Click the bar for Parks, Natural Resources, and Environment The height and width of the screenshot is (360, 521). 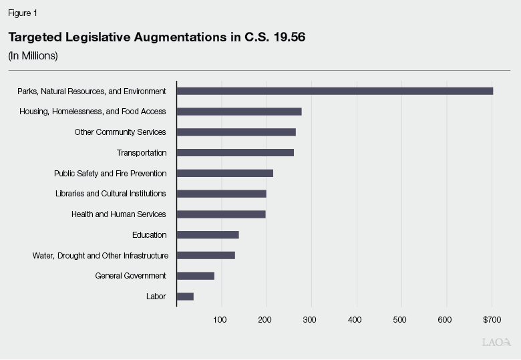pyautogui.click(x=334, y=91)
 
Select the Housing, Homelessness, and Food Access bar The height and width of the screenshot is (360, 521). pyautogui.click(x=238, y=112)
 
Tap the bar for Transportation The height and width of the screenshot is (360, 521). pyautogui.click(x=234, y=153)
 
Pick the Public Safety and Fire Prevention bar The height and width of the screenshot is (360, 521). pyautogui.click(x=224, y=174)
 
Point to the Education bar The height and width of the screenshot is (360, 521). pyautogui.click(x=207, y=235)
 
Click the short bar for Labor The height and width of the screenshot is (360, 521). pyautogui.click(x=184, y=297)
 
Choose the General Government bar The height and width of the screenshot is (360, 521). pyautogui.click(x=195, y=276)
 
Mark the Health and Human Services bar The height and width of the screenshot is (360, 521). pyautogui.click(x=220, y=214)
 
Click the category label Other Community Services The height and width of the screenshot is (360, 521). pyautogui.click(x=120, y=132)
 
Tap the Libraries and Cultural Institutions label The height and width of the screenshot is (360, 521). pyautogui.click(x=110, y=194)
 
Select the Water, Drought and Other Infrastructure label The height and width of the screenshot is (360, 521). pyautogui.click(x=100, y=256)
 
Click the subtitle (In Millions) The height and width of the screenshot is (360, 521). pyautogui.click(x=33, y=56)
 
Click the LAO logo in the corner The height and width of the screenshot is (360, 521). pyautogui.click(x=496, y=342)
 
